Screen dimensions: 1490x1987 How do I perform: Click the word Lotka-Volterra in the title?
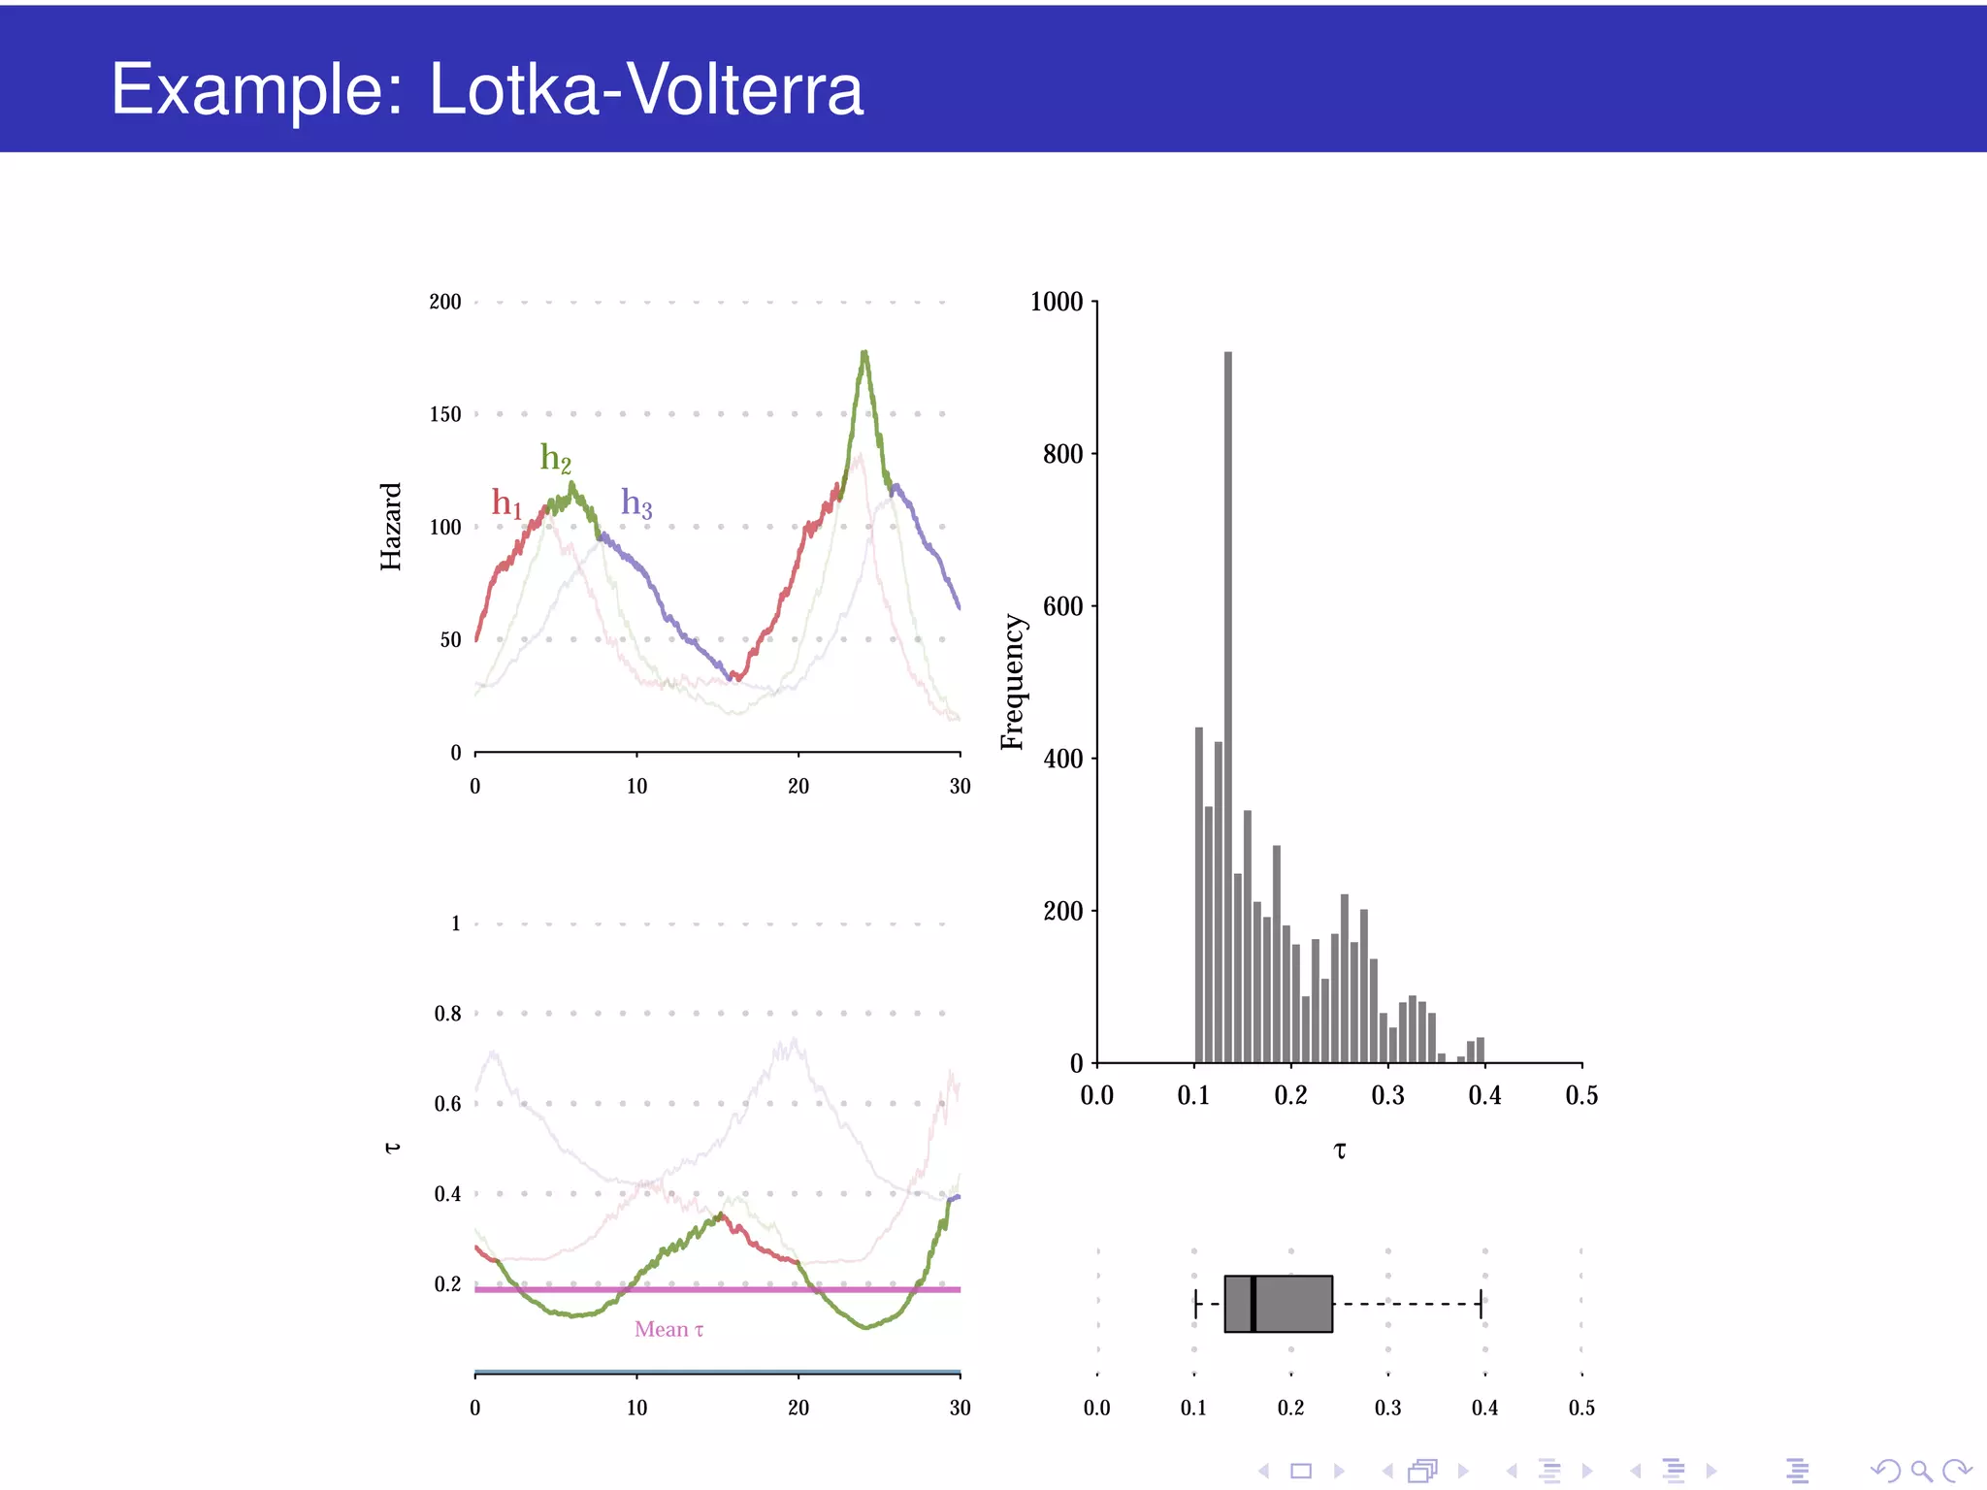645,89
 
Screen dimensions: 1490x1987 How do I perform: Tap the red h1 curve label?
506,503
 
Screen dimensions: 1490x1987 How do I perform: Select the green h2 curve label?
556,458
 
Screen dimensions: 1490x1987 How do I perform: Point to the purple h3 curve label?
636,503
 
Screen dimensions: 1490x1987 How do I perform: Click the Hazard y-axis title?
391,527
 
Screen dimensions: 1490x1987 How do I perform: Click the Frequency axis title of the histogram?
1012,682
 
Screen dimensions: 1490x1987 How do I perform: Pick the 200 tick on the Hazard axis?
445,302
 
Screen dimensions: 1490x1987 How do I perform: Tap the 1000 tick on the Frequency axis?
1057,302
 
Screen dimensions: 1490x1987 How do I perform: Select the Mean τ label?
669,1330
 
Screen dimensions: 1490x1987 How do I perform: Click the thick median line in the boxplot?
1254,1304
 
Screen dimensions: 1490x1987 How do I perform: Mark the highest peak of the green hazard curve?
864,354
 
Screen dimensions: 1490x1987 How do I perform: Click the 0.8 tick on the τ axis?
448,1014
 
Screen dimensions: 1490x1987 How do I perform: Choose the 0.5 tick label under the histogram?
1581,1096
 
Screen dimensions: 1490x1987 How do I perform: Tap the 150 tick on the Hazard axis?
445,414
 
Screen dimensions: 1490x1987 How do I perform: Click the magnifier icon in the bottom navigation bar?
1920,1471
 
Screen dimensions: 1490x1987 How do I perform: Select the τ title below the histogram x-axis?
1340,1151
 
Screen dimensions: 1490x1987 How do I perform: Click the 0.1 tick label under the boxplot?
1194,1408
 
